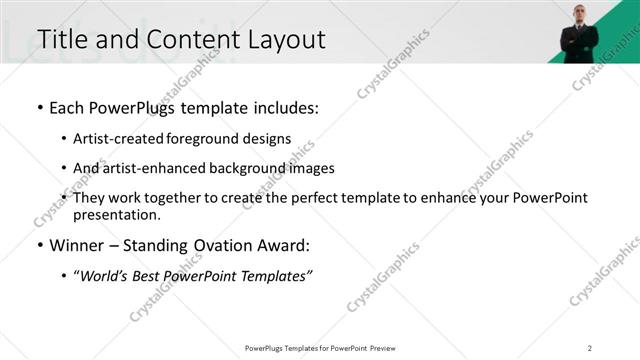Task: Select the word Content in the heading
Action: point(188,39)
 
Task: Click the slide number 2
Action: point(590,347)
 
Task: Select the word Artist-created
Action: point(112,139)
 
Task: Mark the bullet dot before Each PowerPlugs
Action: point(39,108)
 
